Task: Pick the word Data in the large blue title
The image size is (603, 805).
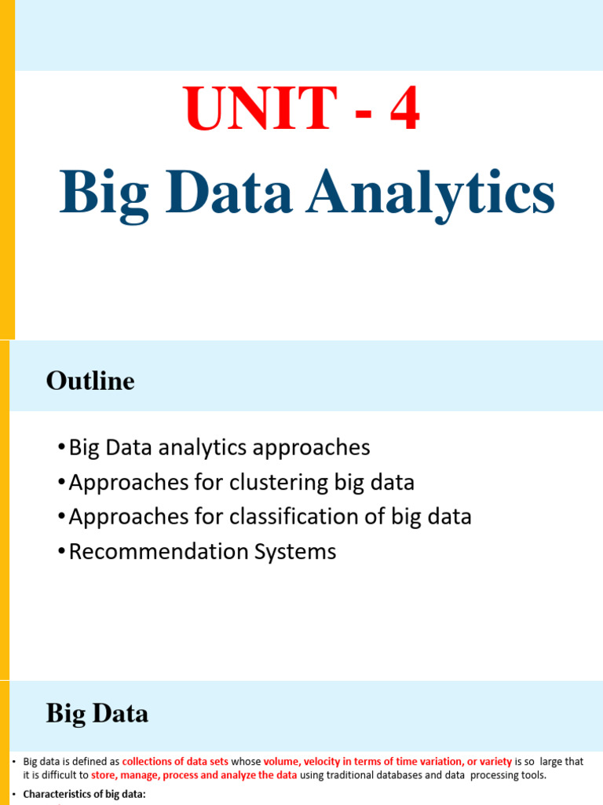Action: click(x=228, y=193)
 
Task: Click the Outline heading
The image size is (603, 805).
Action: click(x=90, y=381)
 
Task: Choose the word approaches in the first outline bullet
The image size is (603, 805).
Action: click(x=314, y=447)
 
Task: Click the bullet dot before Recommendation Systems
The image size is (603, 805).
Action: click(x=62, y=552)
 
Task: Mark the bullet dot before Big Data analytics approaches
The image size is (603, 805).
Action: click(x=62, y=448)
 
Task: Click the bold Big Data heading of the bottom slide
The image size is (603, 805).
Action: click(x=97, y=714)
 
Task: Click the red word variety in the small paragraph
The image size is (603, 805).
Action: click(x=490, y=762)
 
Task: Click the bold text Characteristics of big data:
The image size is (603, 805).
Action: click(x=85, y=794)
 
